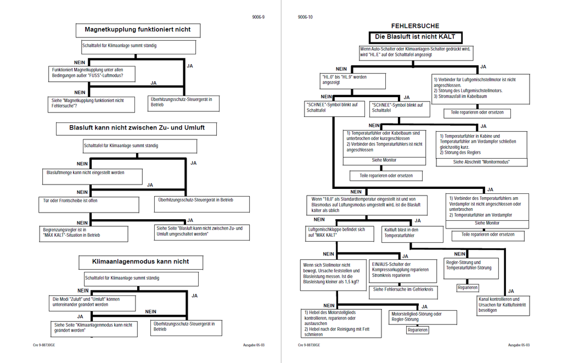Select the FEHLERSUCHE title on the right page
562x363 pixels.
click(415, 26)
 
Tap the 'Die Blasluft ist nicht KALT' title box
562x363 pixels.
click(415, 37)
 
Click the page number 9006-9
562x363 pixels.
click(258, 17)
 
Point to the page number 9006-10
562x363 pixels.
click(305, 17)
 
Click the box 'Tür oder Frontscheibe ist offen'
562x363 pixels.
click(89, 204)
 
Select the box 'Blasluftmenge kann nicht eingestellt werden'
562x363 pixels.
click(92, 176)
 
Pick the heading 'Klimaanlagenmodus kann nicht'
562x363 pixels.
click(141, 262)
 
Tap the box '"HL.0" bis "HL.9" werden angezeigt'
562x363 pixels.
click(353, 81)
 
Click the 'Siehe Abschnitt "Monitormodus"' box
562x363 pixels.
click(481, 162)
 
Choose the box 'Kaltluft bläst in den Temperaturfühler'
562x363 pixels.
click(412, 234)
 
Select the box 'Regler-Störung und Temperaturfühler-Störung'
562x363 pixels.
click(471, 269)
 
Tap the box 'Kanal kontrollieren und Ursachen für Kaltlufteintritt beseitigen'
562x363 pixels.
click(504, 305)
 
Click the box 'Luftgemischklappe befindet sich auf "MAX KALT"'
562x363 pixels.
click(339, 233)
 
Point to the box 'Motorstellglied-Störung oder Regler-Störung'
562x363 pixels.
click(423, 317)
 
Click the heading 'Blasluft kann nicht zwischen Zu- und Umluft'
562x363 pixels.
click(136, 129)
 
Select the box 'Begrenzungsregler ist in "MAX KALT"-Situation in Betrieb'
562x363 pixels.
click(83, 233)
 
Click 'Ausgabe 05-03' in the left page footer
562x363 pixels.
click(254, 345)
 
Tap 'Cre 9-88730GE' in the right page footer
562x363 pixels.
click(309, 345)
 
